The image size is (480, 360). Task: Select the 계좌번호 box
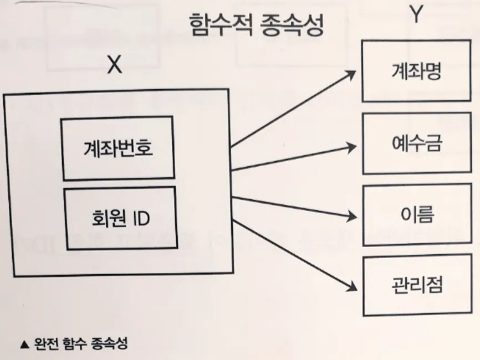118,148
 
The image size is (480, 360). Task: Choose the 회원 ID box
119,218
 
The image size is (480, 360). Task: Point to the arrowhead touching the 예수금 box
350,147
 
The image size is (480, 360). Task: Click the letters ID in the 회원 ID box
141,218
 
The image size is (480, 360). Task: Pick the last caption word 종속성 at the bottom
110,344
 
